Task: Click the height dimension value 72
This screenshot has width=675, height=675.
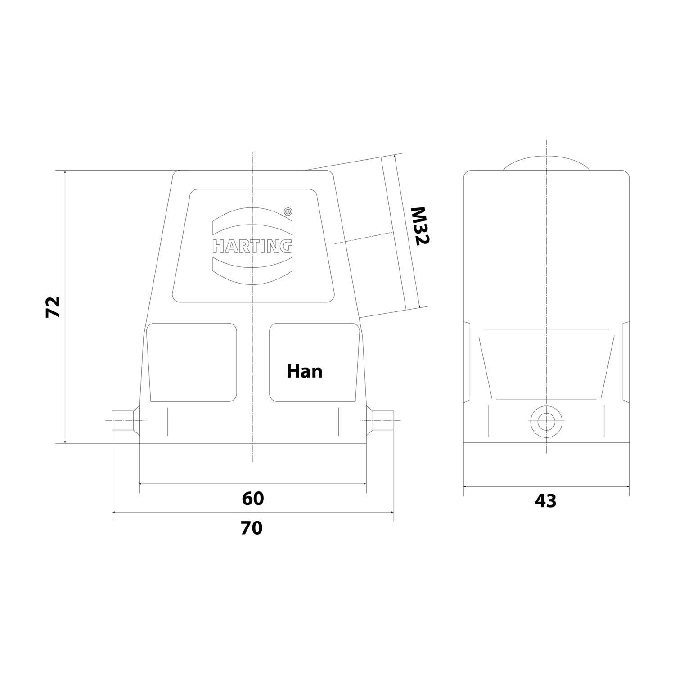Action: pyautogui.click(x=53, y=307)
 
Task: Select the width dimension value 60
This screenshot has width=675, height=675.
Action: pyautogui.click(x=252, y=498)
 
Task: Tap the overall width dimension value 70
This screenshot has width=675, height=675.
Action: pyautogui.click(x=251, y=528)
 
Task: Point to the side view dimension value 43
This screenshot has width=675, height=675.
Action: pyautogui.click(x=545, y=501)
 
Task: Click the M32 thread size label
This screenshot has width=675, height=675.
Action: pyautogui.click(x=421, y=226)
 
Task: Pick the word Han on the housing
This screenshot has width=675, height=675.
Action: pyautogui.click(x=305, y=371)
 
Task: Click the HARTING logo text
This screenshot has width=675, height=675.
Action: pyautogui.click(x=252, y=246)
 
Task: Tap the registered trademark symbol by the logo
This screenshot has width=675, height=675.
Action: pyautogui.click(x=288, y=211)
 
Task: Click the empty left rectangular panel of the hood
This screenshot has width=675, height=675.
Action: pyautogui.click(x=193, y=362)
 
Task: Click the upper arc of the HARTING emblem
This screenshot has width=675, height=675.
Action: pyautogui.click(x=252, y=220)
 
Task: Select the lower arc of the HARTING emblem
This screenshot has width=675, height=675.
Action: pyautogui.click(x=252, y=270)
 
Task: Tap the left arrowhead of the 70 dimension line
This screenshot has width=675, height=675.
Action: pyautogui.click(x=114, y=512)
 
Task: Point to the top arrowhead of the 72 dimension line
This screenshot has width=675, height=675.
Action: pyautogui.click(x=66, y=173)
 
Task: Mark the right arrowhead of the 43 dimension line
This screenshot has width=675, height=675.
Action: pyautogui.click(x=627, y=486)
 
